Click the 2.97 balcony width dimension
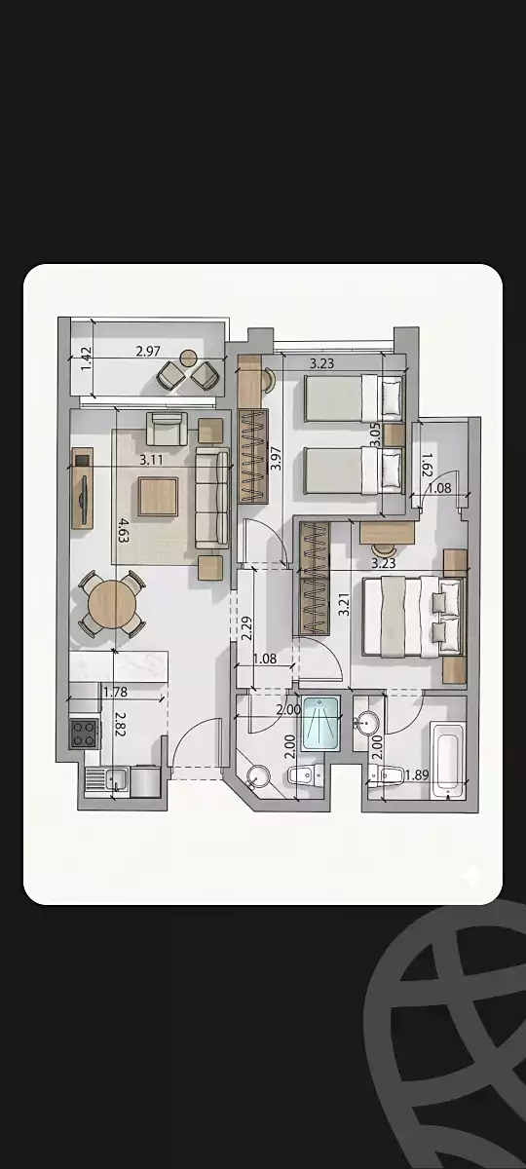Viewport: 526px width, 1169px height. (x=148, y=352)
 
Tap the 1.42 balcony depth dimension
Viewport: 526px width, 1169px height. (x=87, y=359)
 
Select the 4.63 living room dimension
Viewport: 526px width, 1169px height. (x=123, y=530)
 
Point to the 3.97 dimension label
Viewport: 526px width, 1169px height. (x=276, y=458)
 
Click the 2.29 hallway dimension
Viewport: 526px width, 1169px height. (x=246, y=628)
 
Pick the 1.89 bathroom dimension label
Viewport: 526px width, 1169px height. (x=417, y=775)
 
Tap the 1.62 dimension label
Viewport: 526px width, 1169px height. (x=427, y=464)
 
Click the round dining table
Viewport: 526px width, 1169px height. (x=112, y=605)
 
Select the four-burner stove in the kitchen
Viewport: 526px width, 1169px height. (x=84, y=734)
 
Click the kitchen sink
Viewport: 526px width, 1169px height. (x=116, y=779)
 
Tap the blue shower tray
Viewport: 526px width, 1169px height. (x=320, y=723)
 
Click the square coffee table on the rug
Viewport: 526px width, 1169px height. (x=158, y=497)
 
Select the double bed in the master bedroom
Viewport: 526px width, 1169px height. (x=413, y=617)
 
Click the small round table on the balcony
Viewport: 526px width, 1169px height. (x=188, y=358)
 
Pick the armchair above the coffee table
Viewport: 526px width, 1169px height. (x=167, y=428)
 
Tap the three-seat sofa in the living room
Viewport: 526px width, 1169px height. (x=212, y=498)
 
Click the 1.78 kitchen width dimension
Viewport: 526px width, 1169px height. (x=115, y=692)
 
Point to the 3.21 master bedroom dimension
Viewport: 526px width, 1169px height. (x=343, y=604)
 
